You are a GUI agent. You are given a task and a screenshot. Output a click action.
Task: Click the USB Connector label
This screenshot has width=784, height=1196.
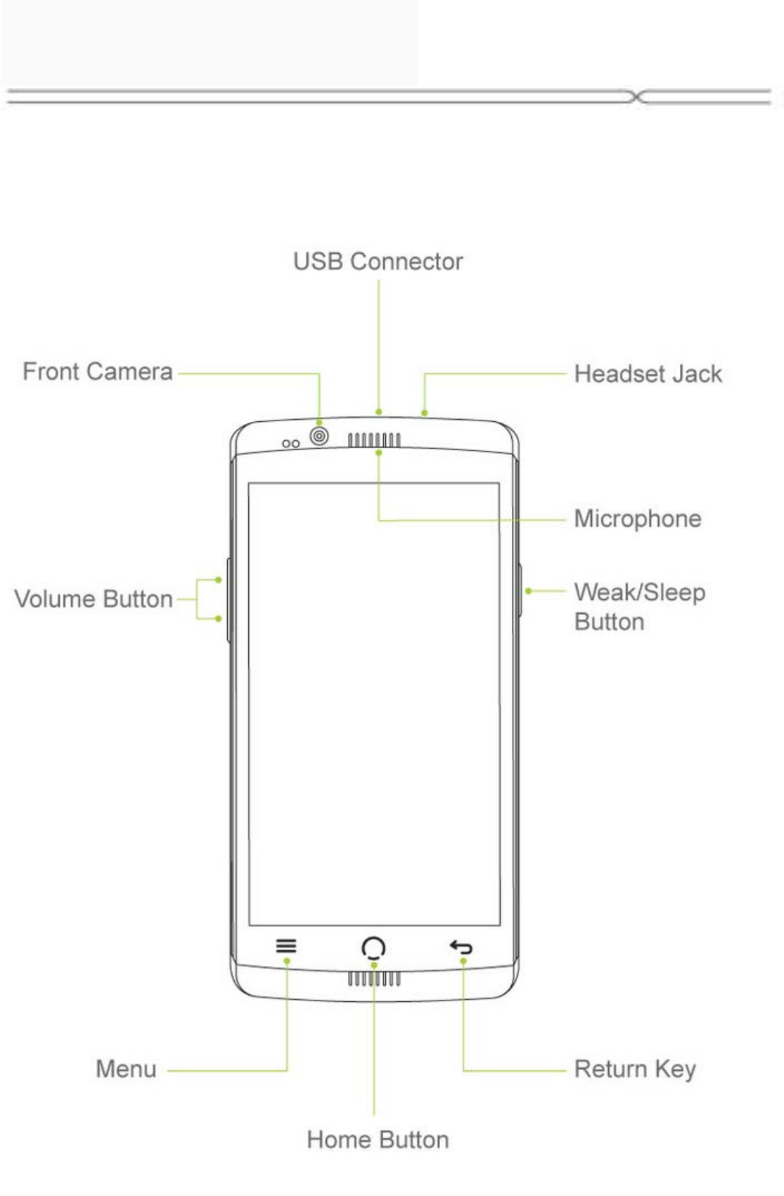[378, 262]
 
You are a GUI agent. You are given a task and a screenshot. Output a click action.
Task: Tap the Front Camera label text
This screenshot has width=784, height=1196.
[97, 371]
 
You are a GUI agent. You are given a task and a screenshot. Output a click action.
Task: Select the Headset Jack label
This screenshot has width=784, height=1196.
[648, 373]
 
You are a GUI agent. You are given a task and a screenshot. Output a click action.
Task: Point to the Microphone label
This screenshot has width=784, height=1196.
[637, 519]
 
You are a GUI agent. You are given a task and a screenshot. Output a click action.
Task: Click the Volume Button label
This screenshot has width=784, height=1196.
[94, 599]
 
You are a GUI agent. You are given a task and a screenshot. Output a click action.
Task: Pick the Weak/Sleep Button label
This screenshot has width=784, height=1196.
[638, 606]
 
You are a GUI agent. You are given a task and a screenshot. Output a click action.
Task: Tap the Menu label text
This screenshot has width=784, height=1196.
[126, 1069]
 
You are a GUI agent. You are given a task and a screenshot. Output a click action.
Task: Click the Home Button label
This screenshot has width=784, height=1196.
[378, 1139]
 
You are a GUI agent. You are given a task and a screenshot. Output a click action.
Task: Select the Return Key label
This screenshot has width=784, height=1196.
[634, 1069]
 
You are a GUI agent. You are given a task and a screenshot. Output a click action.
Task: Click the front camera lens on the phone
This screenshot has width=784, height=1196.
[319, 437]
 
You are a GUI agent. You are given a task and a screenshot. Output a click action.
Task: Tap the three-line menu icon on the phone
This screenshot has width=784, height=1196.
[286, 946]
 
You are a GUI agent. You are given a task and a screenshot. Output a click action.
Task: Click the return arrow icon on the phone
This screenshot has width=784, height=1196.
[461, 947]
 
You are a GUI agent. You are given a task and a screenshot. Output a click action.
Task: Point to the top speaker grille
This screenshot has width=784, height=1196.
[374, 440]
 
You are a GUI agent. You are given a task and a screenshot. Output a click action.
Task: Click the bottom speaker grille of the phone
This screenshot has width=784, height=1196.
[374, 979]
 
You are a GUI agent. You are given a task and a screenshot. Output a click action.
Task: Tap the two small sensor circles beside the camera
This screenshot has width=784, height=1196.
[290, 444]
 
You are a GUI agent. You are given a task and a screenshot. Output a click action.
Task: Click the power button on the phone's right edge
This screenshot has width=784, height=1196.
[520, 591]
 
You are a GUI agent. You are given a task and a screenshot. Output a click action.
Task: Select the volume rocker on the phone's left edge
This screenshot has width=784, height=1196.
[229, 600]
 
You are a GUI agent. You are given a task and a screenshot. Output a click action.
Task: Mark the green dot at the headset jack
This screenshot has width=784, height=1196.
[424, 413]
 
